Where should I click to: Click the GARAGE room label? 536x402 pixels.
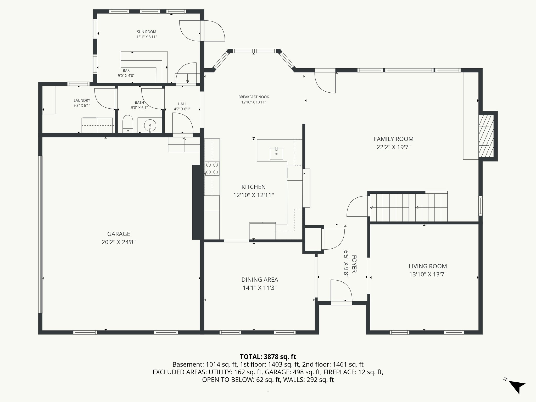click(119, 234)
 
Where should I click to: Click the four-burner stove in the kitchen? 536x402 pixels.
click(212, 168)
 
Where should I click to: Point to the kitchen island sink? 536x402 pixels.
click(276, 154)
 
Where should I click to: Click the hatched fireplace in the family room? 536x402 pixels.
click(486, 136)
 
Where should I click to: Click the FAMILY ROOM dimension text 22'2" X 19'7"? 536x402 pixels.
click(393, 147)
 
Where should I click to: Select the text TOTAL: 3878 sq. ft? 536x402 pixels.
click(268, 356)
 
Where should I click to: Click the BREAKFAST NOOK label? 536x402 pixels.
click(253, 97)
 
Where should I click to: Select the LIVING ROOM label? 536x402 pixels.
click(428, 266)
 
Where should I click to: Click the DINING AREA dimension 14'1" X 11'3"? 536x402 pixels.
click(259, 288)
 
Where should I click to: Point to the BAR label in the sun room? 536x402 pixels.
click(126, 70)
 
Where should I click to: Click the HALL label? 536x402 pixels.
click(182, 104)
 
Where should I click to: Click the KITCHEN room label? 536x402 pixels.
click(253, 187)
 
